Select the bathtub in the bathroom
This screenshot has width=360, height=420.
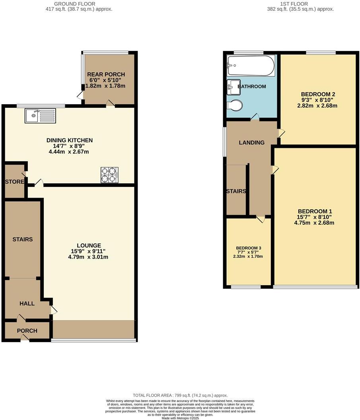point(251,66)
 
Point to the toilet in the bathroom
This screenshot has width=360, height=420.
point(234,106)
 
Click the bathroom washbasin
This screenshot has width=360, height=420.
point(232,87)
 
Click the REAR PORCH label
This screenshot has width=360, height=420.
point(106,74)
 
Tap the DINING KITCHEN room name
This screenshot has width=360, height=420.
point(70,140)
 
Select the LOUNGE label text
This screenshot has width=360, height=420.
point(89,245)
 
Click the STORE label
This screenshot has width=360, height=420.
point(14,182)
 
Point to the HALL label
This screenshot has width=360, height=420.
point(27,303)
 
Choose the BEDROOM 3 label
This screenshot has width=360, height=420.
point(248,247)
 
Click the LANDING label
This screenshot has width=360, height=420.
point(251,142)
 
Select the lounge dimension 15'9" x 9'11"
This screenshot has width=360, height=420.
point(89,251)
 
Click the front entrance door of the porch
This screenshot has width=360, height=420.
point(25,338)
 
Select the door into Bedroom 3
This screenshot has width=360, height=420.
point(260,219)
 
